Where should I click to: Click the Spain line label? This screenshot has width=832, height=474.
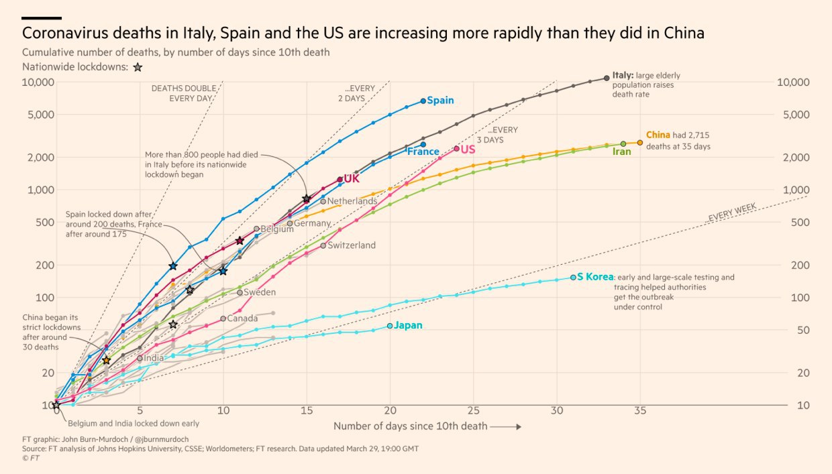pos(440,101)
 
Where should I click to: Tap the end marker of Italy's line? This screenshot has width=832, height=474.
pos(607,78)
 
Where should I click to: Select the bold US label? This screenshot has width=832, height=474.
pos(468,149)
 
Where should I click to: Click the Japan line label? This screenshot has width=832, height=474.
pos(408,326)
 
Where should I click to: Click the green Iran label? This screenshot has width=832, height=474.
pos(622,152)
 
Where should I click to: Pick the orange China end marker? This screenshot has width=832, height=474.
pos(639,143)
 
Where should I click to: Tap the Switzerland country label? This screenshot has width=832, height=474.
pos(351,245)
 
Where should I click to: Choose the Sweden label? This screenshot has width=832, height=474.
pos(260,292)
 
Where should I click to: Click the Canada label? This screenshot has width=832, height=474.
pos(242,318)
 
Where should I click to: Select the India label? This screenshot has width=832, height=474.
pos(154,358)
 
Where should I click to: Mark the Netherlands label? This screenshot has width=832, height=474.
pos(352,201)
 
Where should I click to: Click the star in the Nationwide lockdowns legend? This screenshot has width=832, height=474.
pos(138,67)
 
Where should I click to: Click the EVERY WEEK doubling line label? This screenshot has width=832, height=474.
pos(732,214)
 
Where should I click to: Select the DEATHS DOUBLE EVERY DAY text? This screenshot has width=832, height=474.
pos(183,93)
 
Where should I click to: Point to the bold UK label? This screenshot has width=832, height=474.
pos(352,179)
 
